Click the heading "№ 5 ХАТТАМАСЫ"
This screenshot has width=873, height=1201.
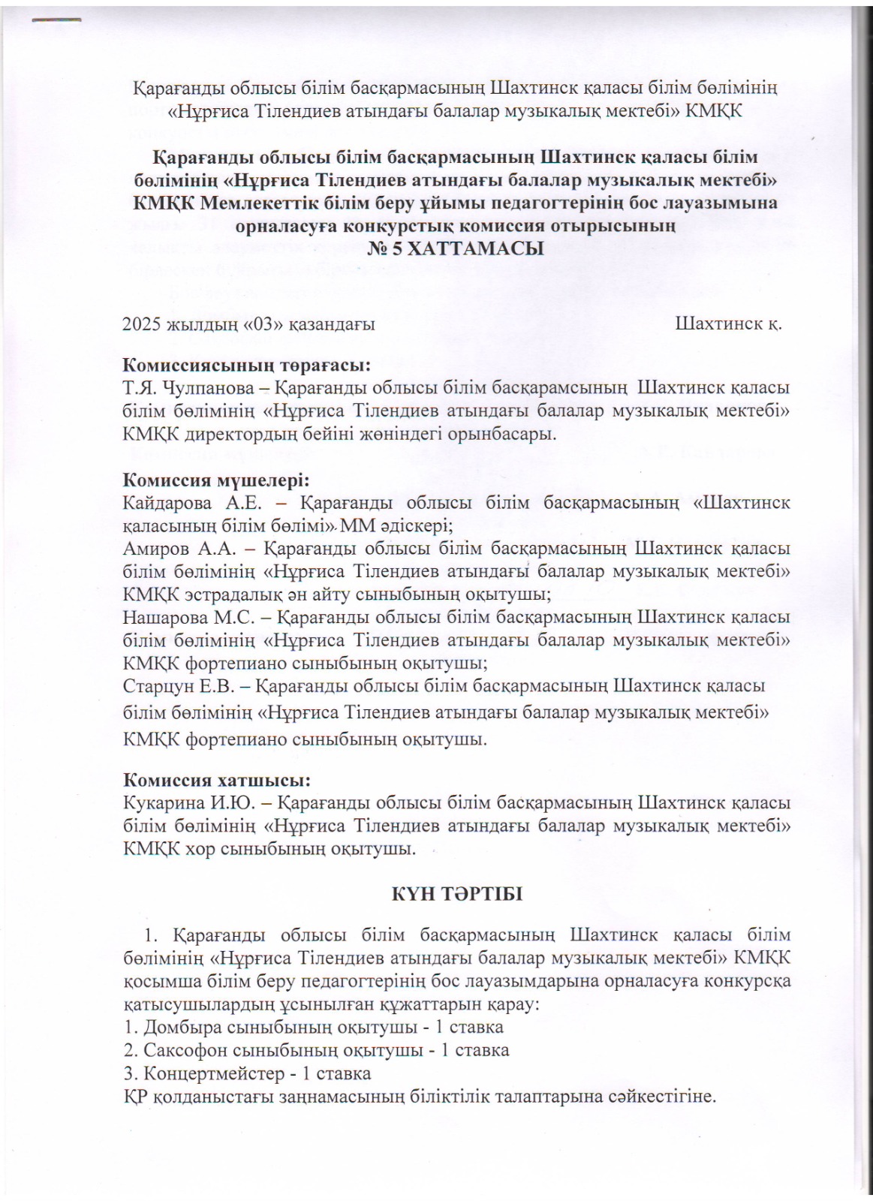coord(456,248)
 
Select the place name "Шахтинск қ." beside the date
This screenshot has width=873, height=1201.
coord(728,325)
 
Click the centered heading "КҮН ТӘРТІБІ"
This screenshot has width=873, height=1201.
coord(456,894)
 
